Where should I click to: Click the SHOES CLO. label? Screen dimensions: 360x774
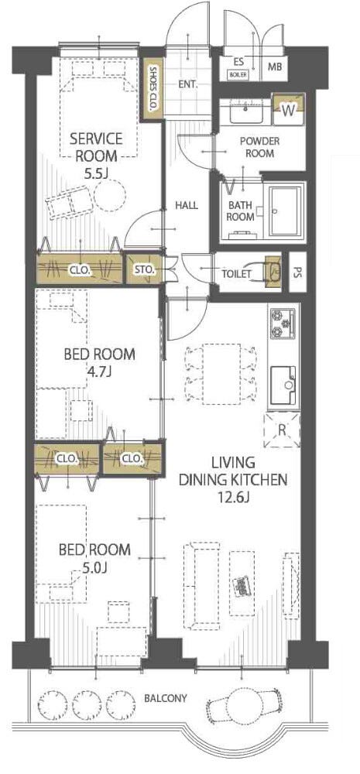click(x=153, y=89)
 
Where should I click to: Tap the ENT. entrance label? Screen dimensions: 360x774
click(x=187, y=84)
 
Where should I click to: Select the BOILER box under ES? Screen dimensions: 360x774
click(x=238, y=75)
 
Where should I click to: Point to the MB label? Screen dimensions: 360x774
click(x=275, y=67)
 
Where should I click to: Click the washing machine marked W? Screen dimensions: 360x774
click(x=289, y=110)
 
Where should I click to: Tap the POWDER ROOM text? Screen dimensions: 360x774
click(x=259, y=147)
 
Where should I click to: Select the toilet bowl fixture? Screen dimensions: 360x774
click(x=273, y=272)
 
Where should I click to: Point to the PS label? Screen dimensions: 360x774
click(x=297, y=272)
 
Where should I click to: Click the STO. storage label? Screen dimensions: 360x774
click(x=146, y=269)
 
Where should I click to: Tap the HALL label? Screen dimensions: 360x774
click(x=187, y=205)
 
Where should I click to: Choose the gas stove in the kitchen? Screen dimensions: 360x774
click(x=282, y=324)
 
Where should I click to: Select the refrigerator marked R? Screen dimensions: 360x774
click(x=282, y=430)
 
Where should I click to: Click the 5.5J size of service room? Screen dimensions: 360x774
click(x=97, y=173)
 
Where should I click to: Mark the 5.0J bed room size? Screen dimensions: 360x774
click(x=94, y=568)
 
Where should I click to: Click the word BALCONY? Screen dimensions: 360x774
click(x=166, y=698)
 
